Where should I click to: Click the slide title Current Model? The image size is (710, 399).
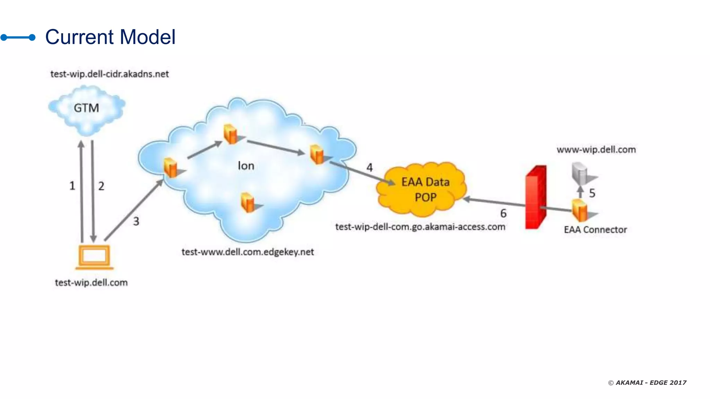110,37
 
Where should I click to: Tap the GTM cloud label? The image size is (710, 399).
86,108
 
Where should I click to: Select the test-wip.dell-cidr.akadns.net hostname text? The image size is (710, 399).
110,74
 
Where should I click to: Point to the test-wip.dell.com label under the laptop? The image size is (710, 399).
91,283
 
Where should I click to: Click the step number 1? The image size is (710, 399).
72,186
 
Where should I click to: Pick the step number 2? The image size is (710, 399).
101,186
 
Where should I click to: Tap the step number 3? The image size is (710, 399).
136,221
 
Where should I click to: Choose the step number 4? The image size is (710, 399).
370,168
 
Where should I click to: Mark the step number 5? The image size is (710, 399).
592,193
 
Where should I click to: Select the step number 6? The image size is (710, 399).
503,213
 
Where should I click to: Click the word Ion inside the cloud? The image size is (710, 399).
246,166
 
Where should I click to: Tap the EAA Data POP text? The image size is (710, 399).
425,189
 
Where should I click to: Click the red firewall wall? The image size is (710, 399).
536,197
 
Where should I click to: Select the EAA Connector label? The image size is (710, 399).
595,230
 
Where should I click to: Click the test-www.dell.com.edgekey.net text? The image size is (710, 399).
248,252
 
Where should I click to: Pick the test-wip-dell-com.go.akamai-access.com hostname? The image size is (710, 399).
420,227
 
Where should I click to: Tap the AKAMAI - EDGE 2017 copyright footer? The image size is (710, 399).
647,383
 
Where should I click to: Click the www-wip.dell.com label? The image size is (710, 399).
596,150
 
